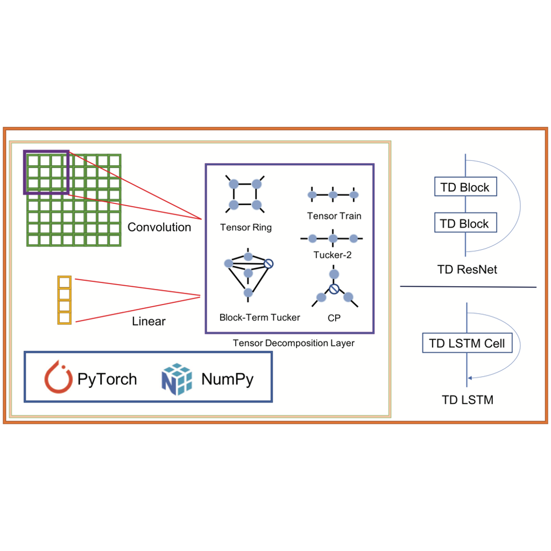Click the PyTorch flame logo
[x=58, y=378]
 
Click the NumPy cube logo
[x=176, y=378]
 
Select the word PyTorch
[x=107, y=379]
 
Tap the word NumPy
[x=227, y=379]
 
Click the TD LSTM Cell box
[x=467, y=343]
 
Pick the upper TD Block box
[x=465, y=187]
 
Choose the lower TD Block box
[x=465, y=223]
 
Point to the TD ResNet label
[x=467, y=270]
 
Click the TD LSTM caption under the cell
[x=467, y=400]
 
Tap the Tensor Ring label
[x=246, y=228]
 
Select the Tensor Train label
[x=334, y=216]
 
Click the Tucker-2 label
[x=333, y=255]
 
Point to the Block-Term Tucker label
[x=259, y=317]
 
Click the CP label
[x=334, y=318]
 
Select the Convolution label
[x=159, y=227]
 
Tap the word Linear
[x=149, y=321]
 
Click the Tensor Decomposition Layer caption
[x=293, y=343]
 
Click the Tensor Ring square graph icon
[x=245, y=194]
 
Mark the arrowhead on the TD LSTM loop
[x=470, y=378]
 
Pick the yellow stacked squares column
[x=65, y=300]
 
